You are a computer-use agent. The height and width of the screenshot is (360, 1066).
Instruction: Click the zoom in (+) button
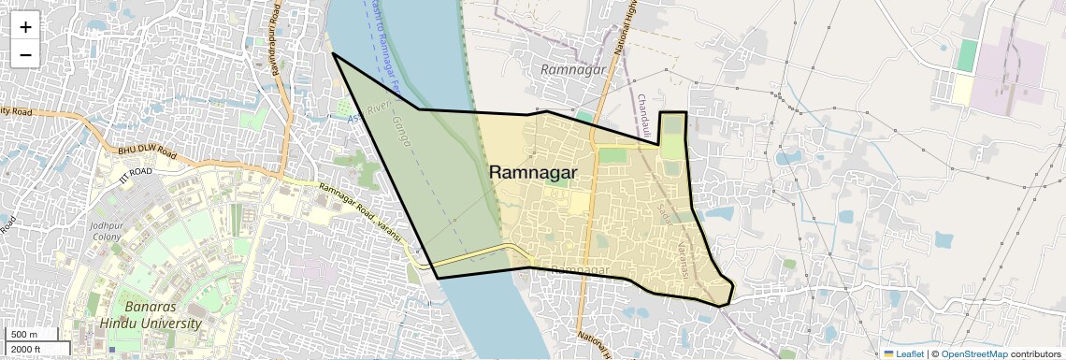coord(25,27)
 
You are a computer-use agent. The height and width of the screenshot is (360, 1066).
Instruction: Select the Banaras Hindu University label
coord(151,315)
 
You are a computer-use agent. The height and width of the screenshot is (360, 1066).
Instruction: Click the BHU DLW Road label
coord(147,152)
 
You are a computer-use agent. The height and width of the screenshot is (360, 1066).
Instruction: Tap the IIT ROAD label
coord(136,172)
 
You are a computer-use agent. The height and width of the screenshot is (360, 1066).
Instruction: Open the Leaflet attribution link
coord(903,353)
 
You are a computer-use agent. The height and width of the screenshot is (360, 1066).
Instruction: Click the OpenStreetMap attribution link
coord(974,353)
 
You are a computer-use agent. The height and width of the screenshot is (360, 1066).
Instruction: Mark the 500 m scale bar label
coord(25,334)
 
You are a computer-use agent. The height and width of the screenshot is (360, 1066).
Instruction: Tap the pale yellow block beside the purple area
coord(963,90)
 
